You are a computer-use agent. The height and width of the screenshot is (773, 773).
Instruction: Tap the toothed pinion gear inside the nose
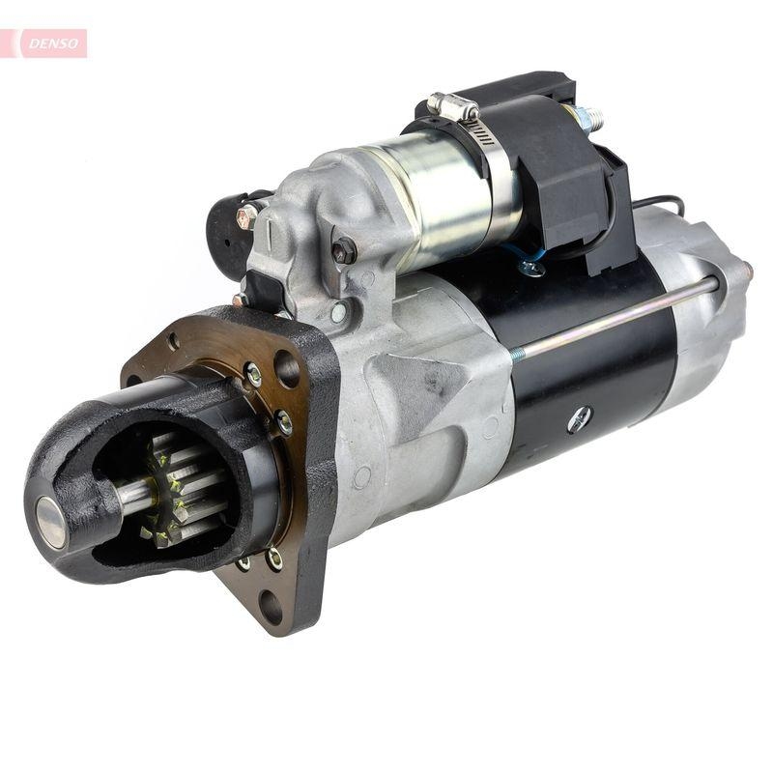point(179,488)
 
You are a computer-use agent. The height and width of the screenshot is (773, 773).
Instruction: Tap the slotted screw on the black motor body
point(579,419)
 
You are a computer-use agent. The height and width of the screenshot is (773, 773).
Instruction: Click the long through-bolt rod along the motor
point(618,318)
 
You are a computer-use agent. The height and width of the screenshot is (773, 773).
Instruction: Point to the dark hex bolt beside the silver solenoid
point(344,251)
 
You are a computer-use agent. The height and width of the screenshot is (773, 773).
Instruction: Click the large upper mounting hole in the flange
point(288,368)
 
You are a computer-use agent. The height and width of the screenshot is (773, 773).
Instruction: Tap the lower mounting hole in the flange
point(271,608)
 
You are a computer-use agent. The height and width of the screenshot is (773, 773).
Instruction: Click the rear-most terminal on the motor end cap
point(747,270)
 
